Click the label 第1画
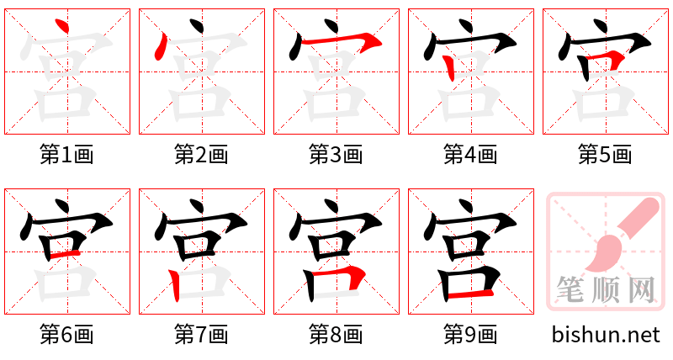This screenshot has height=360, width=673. click(x=67, y=154)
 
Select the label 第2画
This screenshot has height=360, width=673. click(x=202, y=154)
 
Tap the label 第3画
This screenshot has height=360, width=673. click(x=336, y=154)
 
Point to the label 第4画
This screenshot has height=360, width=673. click(x=471, y=154)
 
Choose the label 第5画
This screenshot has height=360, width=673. click(x=606, y=154)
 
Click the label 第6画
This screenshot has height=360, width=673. click(x=67, y=335)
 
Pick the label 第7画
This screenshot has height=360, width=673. click(x=202, y=335)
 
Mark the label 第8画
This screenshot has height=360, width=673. click(x=336, y=335)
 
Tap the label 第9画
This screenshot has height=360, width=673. click(x=471, y=335)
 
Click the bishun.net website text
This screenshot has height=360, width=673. click(x=606, y=335)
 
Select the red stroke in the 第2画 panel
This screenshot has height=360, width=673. click(x=157, y=46)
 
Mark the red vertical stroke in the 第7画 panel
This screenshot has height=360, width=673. click(x=174, y=285)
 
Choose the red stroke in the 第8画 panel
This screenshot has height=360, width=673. click(x=353, y=275)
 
